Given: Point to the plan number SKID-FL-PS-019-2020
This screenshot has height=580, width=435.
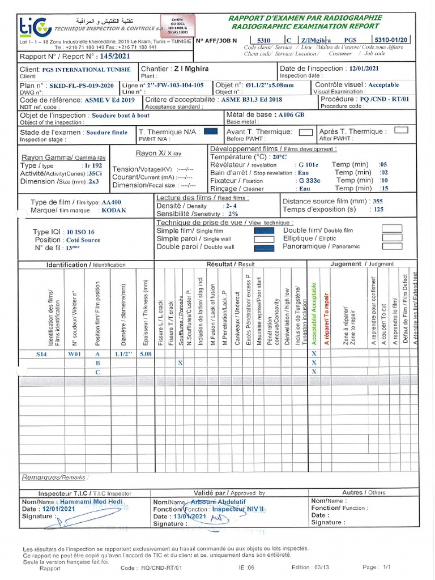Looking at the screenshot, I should click(82, 86).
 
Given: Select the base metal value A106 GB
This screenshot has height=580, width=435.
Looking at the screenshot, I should click(292, 114).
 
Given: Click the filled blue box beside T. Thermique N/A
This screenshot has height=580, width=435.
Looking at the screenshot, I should click(211, 131).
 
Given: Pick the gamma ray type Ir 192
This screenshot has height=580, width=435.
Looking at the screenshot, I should click(93, 165).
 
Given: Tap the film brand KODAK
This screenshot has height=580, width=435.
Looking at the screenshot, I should click(113, 210).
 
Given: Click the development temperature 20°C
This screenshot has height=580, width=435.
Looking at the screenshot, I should click(279, 157).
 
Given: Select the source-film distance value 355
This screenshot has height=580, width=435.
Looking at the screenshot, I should click(378, 201).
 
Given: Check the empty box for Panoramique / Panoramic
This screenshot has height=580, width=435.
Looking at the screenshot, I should click(392, 246).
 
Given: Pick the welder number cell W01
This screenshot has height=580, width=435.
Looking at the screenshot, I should click(75, 353).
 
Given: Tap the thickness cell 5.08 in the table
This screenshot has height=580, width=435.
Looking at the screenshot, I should click(146, 353).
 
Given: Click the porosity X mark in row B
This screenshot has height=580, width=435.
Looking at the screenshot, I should click(180, 362).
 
